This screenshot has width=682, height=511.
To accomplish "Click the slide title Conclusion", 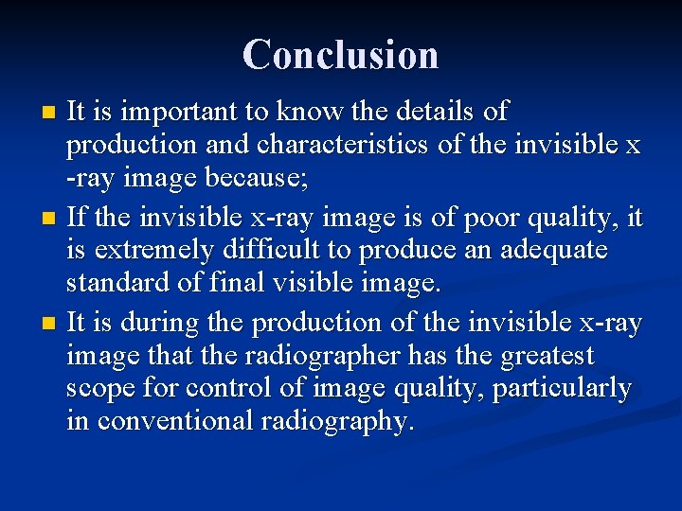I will tap(340, 54).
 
